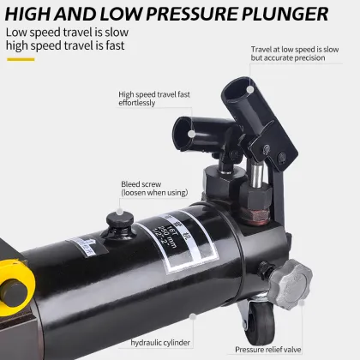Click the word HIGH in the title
pyautogui.click(x=36, y=14)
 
